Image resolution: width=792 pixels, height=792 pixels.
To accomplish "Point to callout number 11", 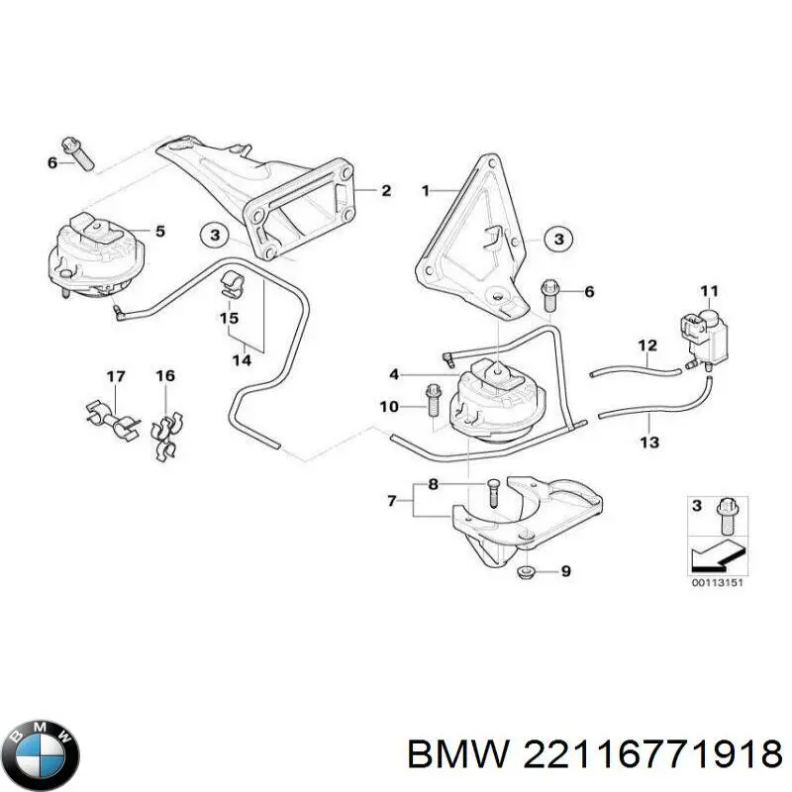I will (x=708, y=290).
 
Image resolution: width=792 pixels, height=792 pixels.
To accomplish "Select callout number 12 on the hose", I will (x=646, y=346).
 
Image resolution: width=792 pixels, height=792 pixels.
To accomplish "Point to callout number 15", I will (x=229, y=319).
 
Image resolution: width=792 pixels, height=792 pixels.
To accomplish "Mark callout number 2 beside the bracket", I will (x=385, y=191).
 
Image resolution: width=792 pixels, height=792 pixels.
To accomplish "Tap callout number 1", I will (x=427, y=189).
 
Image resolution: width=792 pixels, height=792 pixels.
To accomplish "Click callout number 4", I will (x=394, y=374).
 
